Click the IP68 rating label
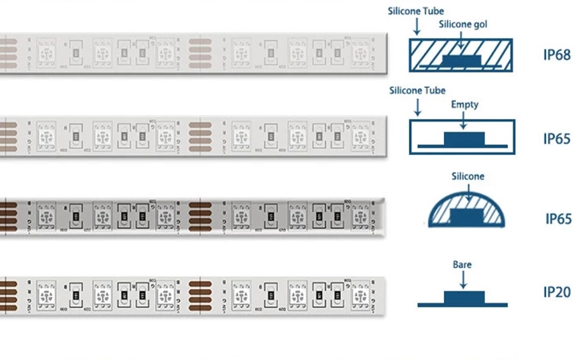point(557,56)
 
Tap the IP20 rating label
point(557,292)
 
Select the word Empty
point(464,105)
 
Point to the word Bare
point(462,262)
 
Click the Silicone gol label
point(463,24)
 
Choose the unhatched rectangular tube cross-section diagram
point(462,136)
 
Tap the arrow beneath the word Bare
point(462,277)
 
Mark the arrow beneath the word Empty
point(464,120)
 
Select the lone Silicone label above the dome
point(462,176)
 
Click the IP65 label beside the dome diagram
point(558,218)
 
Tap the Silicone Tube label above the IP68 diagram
point(417,11)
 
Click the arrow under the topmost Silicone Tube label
point(417,27)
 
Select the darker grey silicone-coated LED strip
point(192,216)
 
